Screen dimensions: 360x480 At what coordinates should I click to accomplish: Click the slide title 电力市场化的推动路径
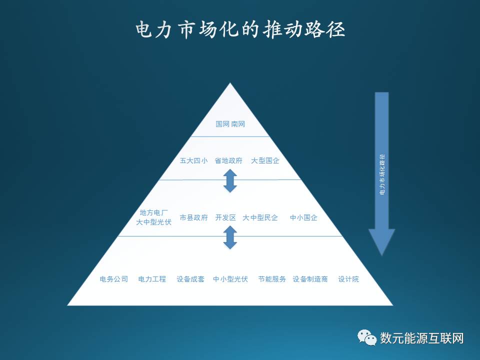(240, 29)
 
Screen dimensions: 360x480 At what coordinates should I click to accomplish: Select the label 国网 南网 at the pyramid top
(230, 124)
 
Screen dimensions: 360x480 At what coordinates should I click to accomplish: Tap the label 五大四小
(193, 161)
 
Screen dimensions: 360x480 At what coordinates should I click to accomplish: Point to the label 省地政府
(228, 161)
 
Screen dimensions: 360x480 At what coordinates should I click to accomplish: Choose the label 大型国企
(265, 161)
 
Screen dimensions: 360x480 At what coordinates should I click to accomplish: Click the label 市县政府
(193, 218)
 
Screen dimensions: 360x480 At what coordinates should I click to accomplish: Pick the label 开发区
(225, 218)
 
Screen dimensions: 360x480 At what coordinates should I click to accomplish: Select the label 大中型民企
(260, 218)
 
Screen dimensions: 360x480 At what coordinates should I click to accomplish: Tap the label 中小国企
(303, 218)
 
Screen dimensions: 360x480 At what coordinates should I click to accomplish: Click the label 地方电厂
(153, 213)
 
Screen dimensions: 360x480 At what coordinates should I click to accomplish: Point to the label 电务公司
(114, 279)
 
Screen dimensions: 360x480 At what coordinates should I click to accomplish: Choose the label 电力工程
(152, 279)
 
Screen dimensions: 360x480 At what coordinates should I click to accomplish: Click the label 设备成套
(190, 279)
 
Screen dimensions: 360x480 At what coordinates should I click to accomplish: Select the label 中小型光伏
(230, 279)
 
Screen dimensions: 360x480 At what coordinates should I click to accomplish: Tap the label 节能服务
(272, 279)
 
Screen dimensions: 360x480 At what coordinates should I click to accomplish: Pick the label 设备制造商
(310, 279)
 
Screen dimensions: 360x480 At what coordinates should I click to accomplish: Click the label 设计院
(348, 279)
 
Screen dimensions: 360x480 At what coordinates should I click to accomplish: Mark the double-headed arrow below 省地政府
(230, 181)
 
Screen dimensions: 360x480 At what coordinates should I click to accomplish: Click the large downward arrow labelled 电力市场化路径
(382, 170)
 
